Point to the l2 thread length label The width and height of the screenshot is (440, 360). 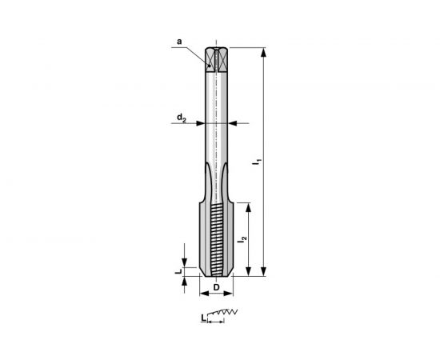coord(242,237)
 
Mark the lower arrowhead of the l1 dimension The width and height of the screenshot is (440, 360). coord(264,273)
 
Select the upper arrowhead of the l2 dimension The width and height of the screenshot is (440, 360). coord(250,206)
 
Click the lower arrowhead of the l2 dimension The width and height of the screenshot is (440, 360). coord(250,273)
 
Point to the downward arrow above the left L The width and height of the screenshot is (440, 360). coord(185,263)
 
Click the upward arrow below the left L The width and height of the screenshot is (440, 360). coord(185,282)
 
